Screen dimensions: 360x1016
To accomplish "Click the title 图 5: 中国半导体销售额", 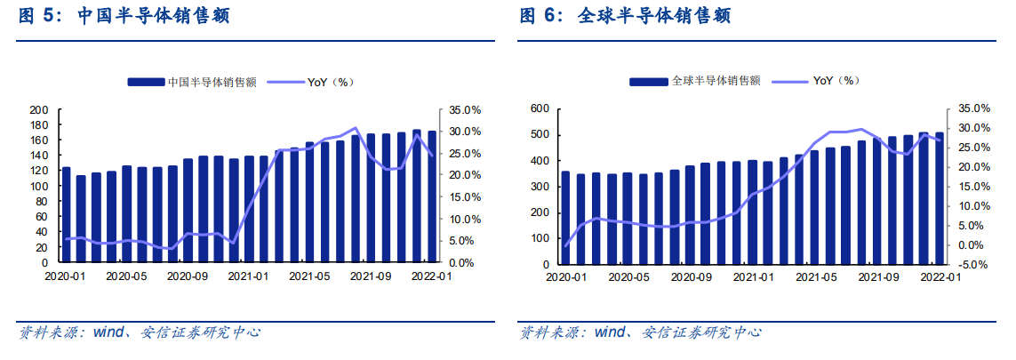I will [x=124, y=16].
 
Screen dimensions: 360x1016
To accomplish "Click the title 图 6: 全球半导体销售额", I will [x=625, y=16].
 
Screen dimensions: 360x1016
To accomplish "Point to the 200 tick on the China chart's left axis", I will [x=39, y=110].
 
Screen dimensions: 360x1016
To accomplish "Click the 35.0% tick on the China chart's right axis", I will [x=462, y=110].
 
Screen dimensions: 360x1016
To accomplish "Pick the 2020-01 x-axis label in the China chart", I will [x=65, y=276].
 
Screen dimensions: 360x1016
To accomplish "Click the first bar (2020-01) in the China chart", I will [x=66, y=215].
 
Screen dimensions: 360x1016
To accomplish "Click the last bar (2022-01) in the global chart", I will [x=940, y=198].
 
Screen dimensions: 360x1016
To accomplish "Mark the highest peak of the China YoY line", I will [x=356, y=128].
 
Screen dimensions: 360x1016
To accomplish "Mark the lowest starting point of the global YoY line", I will [x=565, y=245].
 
